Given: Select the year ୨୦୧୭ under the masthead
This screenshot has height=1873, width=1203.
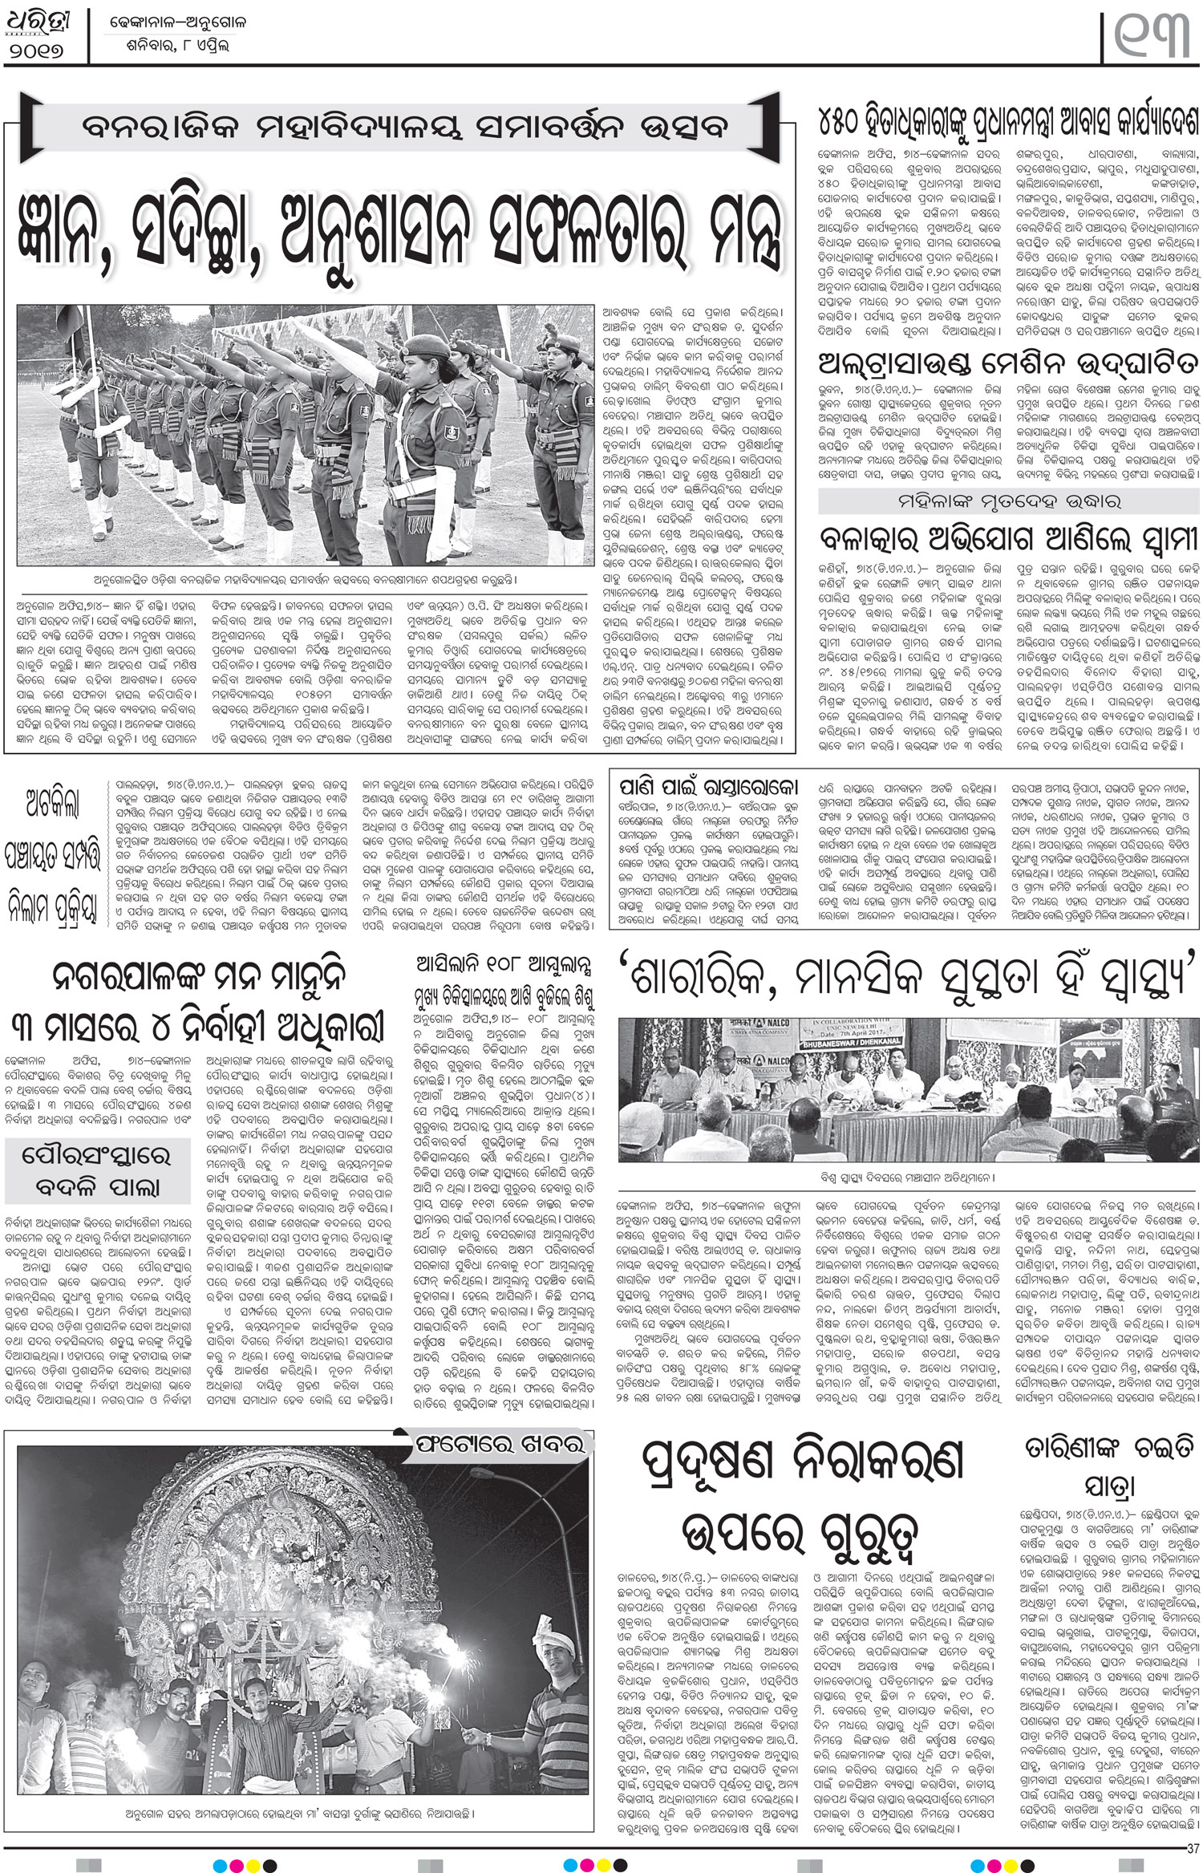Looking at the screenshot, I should click(x=43, y=49).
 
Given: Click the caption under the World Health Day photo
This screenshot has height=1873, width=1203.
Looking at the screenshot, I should click(x=909, y=1178).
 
